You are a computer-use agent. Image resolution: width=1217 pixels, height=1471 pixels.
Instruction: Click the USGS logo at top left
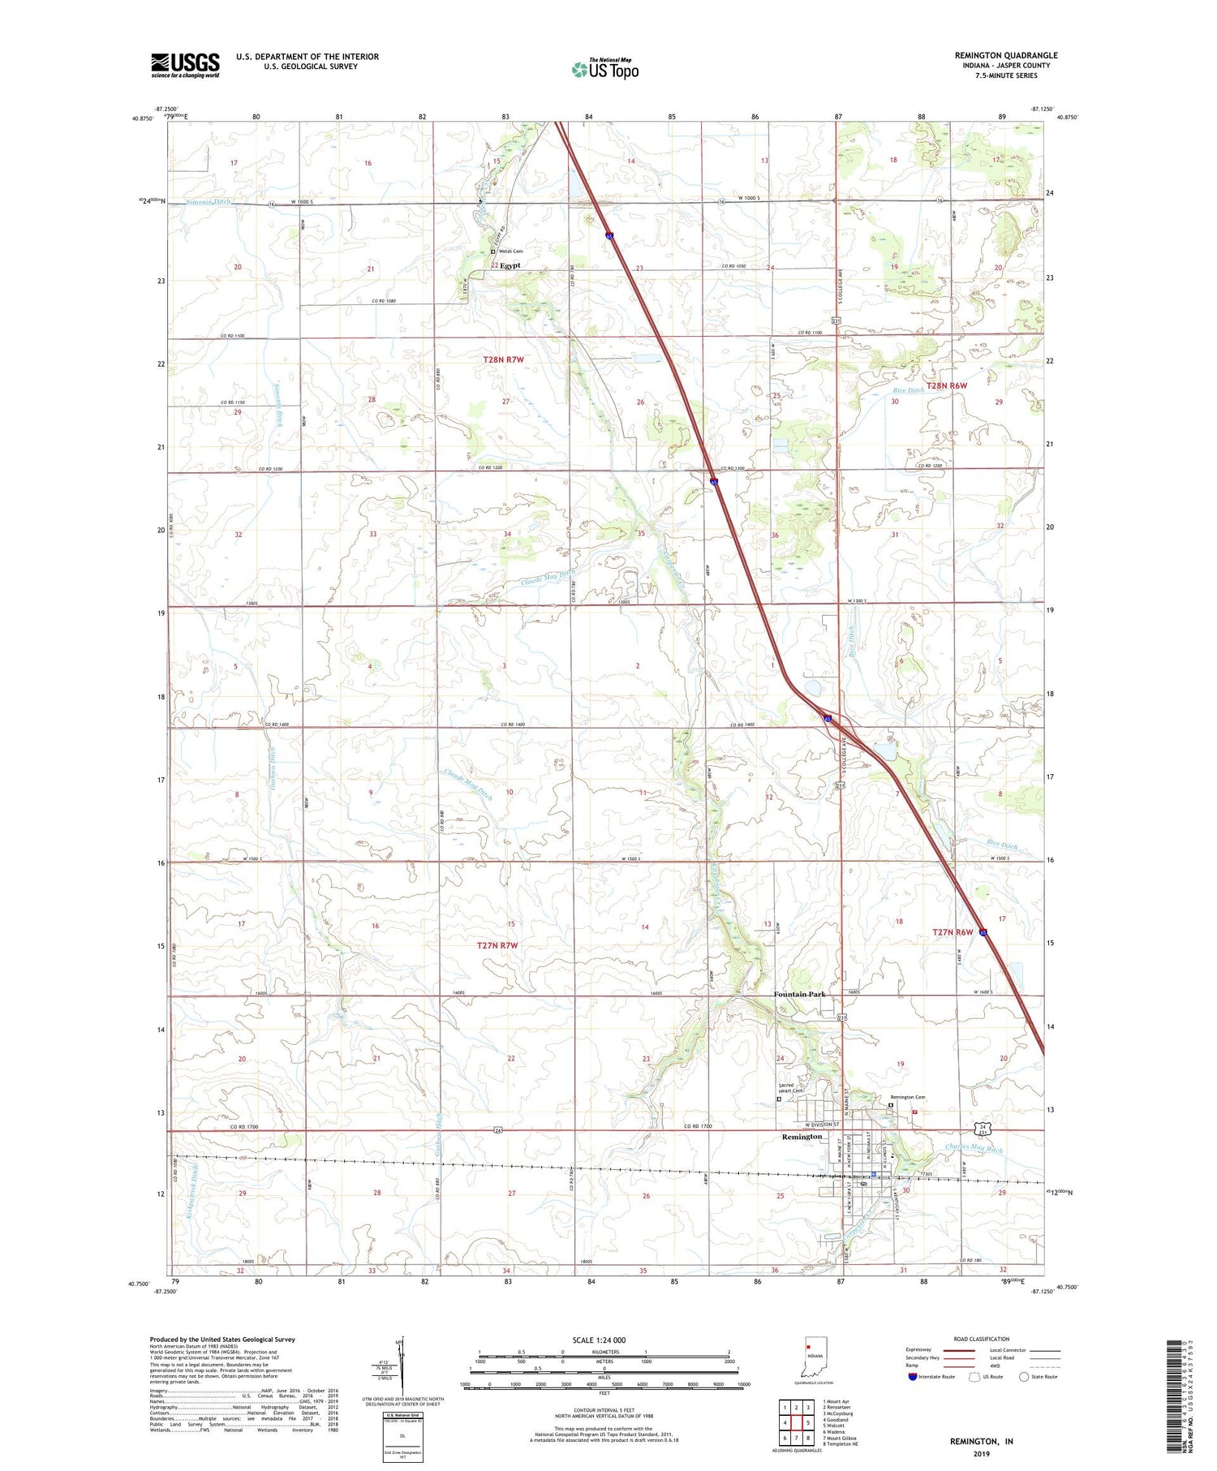pyautogui.click(x=185, y=65)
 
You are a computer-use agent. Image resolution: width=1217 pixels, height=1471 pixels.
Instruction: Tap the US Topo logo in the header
pyautogui.click(x=604, y=70)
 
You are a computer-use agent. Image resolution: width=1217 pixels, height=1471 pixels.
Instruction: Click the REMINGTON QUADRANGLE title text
pyautogui.click(x=1006, y=55)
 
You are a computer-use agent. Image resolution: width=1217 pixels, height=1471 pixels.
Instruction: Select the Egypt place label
pyautogui.click(x=510, y=265)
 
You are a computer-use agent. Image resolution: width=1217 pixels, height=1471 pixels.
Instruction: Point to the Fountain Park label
pyautogui.click(x=798, y=995)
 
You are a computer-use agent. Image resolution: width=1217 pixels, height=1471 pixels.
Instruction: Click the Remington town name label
pyautogui.click(x=802, y=1137)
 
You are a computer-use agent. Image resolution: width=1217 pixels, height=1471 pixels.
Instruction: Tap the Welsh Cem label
pyautogui.click(x=510, y=252)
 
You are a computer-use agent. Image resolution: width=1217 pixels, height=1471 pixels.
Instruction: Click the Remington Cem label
pyautogui.click(x=909, y=1097)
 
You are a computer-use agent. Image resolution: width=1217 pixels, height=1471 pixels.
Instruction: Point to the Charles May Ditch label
pyautogui.click(x=974, y=1150)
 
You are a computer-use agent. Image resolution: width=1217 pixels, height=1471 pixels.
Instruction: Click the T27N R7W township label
pyautogui.click(x=497, y=946)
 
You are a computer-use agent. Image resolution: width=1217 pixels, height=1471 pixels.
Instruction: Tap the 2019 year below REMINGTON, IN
pyautogui.click(x=981, y=1454)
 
